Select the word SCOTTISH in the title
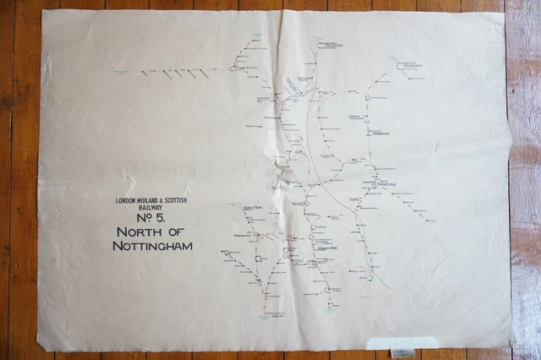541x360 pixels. (177, 200)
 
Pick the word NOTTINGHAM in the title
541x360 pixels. (152, 246)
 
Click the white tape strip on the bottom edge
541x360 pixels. (402, 342)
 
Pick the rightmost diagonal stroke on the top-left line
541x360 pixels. (204, 74)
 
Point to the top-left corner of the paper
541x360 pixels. (43, 12)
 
